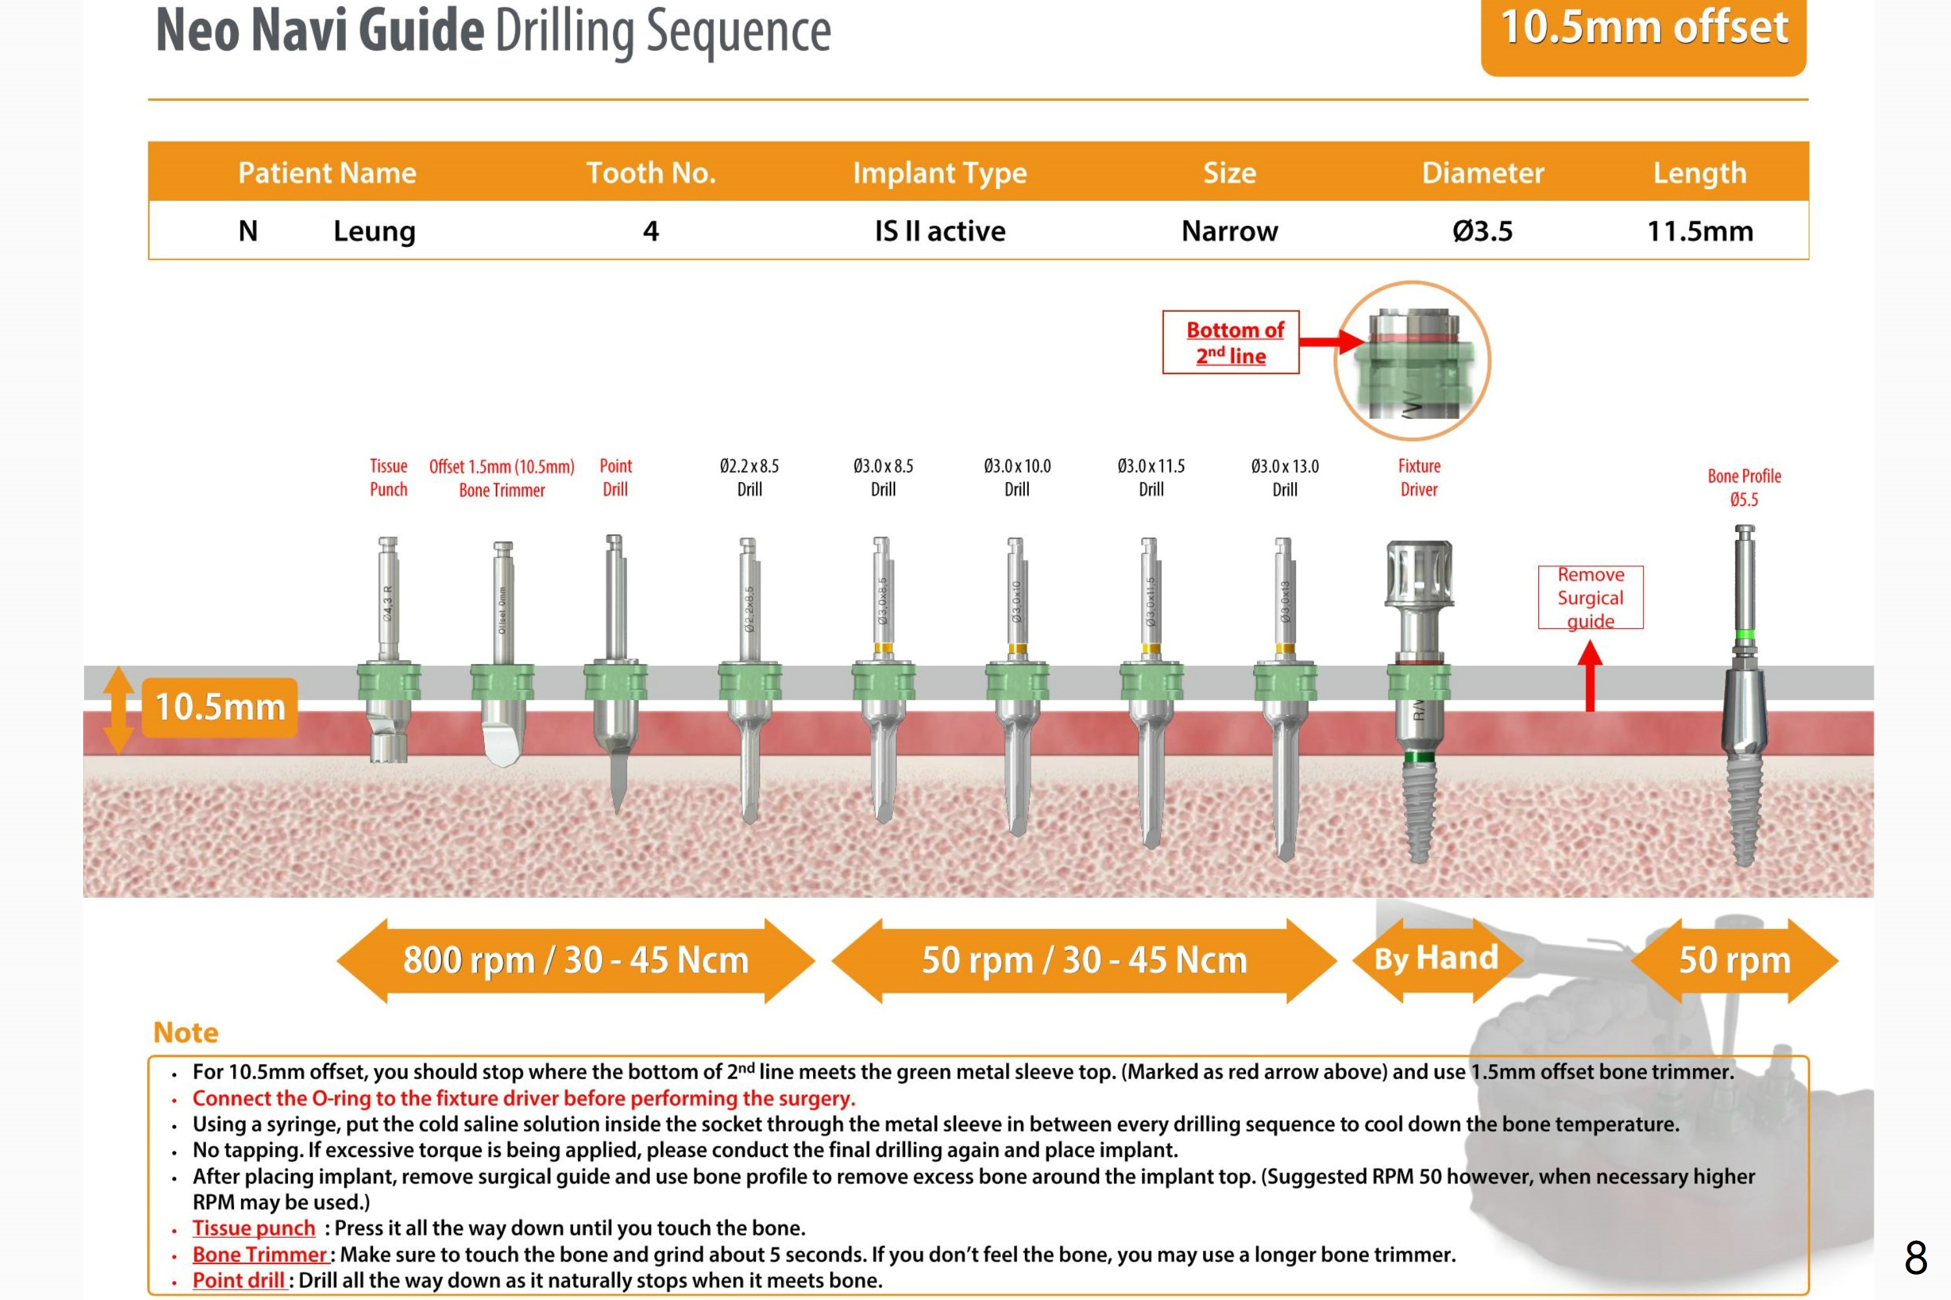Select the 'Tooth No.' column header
(651, 172)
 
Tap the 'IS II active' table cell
(940, 231)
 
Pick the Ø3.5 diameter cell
(1482, 231)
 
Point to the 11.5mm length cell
(1699, 231)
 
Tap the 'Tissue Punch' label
(388, 478)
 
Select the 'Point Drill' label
(615, 478)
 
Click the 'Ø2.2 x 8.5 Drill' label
(749, 478)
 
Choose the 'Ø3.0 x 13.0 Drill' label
(1284, 478)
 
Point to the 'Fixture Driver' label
(1419, 478)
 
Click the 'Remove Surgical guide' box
(1590, 598)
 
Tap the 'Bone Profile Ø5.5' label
(1744, 487)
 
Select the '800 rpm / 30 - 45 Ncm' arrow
(575, 960)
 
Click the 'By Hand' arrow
(1436, 960)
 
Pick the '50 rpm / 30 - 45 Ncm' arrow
(1083, 960)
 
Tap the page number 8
(1915, 1258)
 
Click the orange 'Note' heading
(186, 1032)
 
